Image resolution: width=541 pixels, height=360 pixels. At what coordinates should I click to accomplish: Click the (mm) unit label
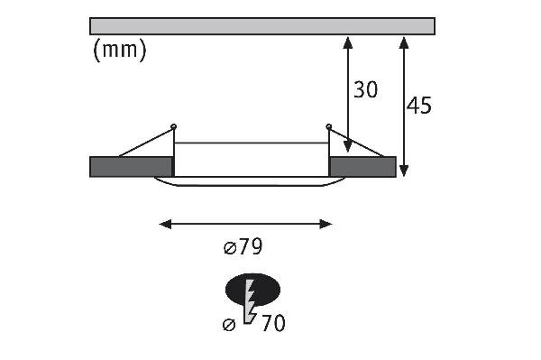[x=120, y=50]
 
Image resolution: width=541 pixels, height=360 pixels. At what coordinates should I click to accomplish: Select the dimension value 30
[x=366, y=89]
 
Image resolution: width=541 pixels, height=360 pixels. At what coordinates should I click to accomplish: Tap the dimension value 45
[x=419, y=106]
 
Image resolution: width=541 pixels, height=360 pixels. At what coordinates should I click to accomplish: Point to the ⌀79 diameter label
[x=243, y=247]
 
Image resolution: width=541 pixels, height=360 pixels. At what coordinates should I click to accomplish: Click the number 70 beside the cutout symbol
[x=273, y=323]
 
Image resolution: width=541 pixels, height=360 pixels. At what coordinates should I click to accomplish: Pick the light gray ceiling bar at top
[x=262, y=26]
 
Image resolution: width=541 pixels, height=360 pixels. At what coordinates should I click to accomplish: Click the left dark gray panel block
[x=131, y=167]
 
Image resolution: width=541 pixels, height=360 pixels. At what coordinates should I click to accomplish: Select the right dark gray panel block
[x=362, y=167]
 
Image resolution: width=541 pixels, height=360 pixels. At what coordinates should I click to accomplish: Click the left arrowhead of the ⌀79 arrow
[x=165, y=224]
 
